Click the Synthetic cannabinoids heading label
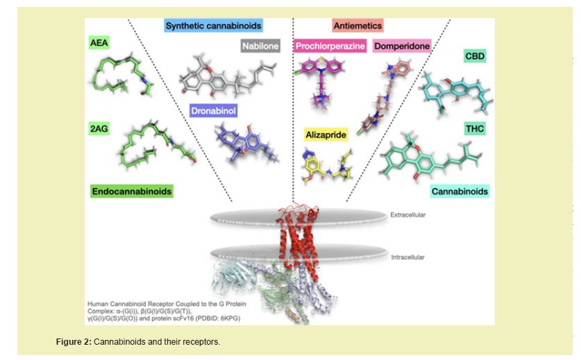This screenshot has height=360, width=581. [213, 26]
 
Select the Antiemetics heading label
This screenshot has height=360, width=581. [357, 26]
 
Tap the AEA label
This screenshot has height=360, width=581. [99, 43]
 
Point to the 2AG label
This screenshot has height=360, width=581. [99, 129]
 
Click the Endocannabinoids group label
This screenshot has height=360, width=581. [131, 191]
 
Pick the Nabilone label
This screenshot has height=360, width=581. [260, 46]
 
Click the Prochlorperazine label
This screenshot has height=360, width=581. [331, 46]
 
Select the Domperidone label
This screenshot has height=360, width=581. [402, 46]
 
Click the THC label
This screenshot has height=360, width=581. [475, 129]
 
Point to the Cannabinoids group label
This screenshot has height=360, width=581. [460, 191]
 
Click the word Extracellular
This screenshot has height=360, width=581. [407, 215]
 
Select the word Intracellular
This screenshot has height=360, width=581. [407, 257]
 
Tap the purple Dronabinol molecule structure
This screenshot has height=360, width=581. [239, 142]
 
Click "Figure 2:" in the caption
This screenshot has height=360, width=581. [74, 343]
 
